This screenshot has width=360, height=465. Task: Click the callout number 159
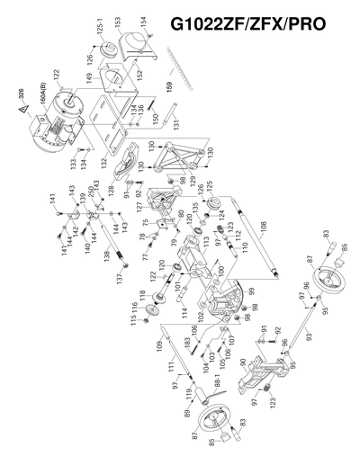click(168, 86)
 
